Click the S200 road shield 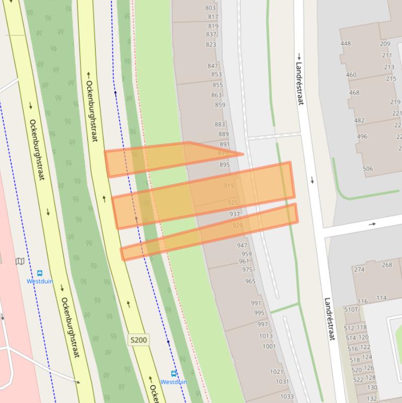139,340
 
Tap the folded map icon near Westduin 20,261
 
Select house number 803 210,8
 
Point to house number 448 346,43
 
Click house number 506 367,169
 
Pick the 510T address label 351,309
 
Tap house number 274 359,270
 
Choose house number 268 387,265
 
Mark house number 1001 269,346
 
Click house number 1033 286,396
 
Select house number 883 220,125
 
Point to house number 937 235,214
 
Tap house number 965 250,281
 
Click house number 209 385,44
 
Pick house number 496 362,137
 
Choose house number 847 212,66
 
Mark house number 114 382,298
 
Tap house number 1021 277,372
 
